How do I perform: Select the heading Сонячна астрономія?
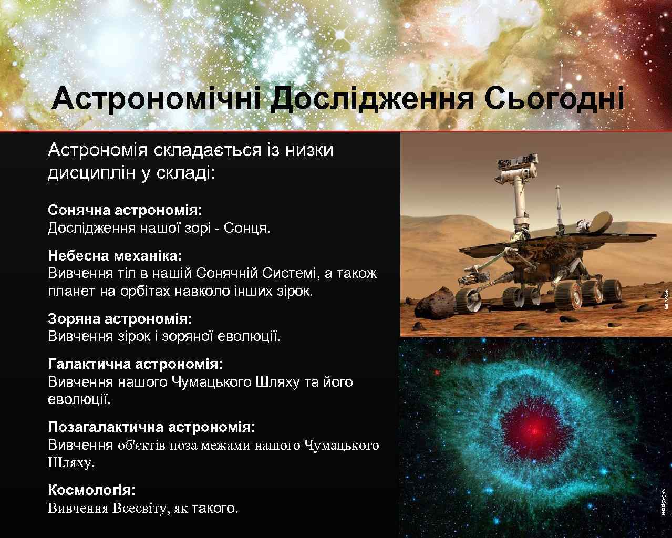(x=125, y=210)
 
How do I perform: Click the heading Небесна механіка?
(x=115, y=256)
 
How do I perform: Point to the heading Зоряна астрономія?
(x=120, y=318)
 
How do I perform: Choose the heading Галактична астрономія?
(x=135, y=364)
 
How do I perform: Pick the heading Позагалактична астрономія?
(x=151, y=426)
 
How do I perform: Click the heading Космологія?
(x=91, y=490)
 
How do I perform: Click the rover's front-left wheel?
(x=467, y=299)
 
